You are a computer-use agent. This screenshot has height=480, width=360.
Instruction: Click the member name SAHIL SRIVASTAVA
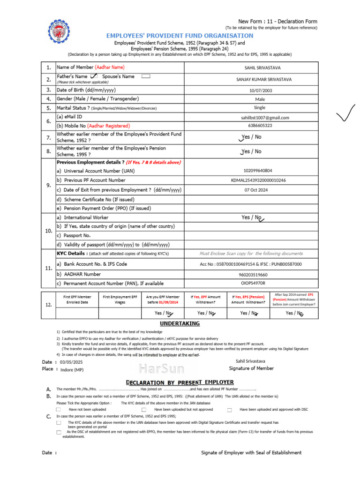coord(256,68)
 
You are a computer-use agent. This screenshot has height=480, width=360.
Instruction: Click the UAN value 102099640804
coord(257,171)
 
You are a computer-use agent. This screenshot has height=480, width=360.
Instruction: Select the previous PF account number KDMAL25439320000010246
coord(258,180)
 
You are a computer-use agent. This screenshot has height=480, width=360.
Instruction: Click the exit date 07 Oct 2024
coord(258,190)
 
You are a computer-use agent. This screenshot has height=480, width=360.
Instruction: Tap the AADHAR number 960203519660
coord(253,275)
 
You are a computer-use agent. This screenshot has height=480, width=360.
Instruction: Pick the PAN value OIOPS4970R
coord(253,284)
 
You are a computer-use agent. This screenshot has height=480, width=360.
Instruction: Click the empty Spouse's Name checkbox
coord(145,76)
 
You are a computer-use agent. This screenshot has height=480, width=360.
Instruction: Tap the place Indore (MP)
coord(72,369)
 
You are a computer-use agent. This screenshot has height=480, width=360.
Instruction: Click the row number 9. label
coord(49,185)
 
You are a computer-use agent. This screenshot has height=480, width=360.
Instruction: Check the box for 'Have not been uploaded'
coord(59,410)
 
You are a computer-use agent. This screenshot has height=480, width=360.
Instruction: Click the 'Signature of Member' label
coord(251,368)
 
